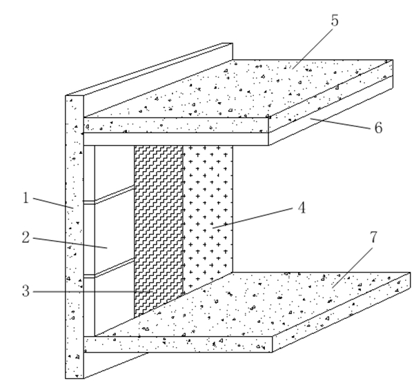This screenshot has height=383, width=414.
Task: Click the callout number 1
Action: click(x=26, y=198)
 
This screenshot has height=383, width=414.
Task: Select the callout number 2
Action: click(x=26, y=237)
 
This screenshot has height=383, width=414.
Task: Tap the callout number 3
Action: click(x=26, y=291)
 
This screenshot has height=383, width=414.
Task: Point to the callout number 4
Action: click(x=302, y=208)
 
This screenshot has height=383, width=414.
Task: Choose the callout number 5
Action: click(x=335, y=21)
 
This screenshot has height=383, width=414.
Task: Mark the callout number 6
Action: click(x=378, y=128)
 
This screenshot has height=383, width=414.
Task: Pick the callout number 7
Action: click(x=373, y=237)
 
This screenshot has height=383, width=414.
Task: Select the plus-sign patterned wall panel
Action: click(x=208, y=217)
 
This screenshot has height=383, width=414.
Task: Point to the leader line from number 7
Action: click(x=353, y=268)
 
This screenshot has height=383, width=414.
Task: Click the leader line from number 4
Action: click(x=253, y=218)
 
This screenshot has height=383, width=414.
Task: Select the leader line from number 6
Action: click(x=340, y=124)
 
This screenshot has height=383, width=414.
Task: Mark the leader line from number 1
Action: click(x=53, y=203)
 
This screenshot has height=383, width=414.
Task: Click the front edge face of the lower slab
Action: click(x=178, y=344)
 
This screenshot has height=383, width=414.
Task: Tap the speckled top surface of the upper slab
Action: click(x=237, y=88)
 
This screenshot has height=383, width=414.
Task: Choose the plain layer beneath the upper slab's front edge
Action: click(x=176, y=139)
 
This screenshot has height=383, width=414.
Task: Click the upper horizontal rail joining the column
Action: click(x=109, y=195)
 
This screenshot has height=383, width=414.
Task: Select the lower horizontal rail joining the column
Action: click(x=109, y=268)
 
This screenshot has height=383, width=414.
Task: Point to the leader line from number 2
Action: click(x=70, y=244)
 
